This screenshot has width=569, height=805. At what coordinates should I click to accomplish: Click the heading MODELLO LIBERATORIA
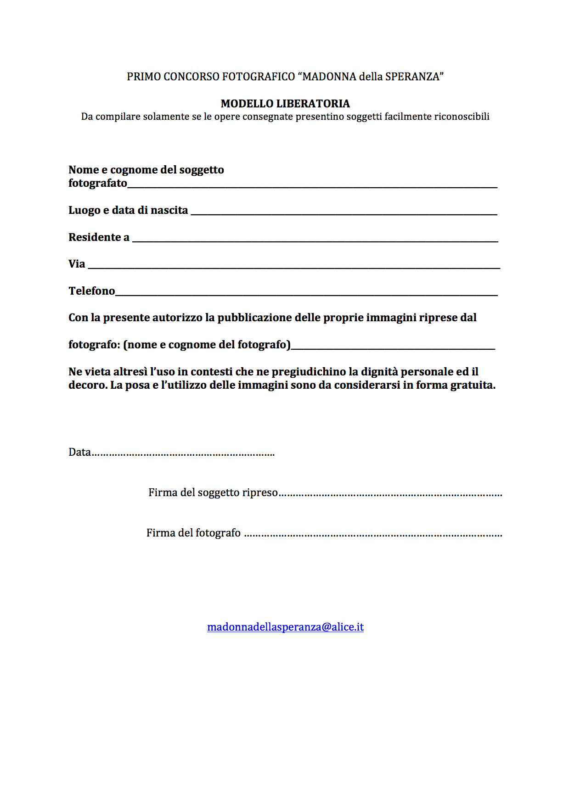(285, 104)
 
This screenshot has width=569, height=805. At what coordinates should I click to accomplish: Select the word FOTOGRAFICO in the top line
(259, 77)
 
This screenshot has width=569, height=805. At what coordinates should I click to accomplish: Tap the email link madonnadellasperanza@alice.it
(285, 627)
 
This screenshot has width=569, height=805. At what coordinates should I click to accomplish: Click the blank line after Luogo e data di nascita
(344, 213)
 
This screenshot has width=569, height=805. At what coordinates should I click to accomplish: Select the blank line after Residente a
(315, 240)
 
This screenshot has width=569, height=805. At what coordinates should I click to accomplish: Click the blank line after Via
(294, 267)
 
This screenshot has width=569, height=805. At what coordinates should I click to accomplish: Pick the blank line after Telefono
(306, 294)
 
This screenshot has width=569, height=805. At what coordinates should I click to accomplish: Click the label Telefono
(92, 291)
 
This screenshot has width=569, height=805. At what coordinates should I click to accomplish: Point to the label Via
(77, 264)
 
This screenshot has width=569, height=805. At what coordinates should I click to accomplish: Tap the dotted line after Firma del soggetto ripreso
(390, 495)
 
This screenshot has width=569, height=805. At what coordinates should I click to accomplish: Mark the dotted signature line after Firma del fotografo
(373, 535)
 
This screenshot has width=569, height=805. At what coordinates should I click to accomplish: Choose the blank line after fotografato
(312, 186)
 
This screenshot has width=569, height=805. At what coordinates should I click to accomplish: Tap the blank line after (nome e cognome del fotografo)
(393, 348)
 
